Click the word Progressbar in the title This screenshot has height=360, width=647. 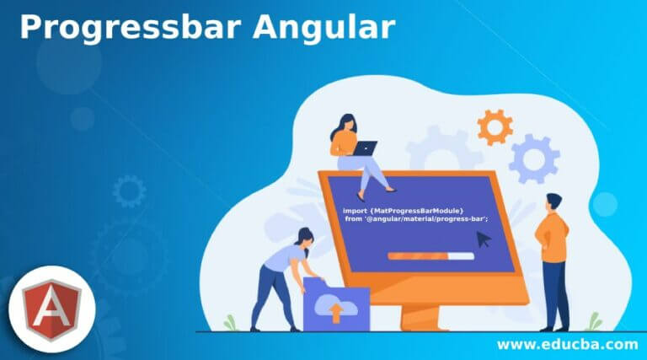pyautogui.click(x=131, y=28)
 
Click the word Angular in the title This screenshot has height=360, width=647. pyautogui.click(x=324, y=27)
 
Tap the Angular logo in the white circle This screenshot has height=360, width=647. pyautogui.click(x=52, y=309)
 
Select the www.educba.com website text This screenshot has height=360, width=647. pyautogui.click(x=567, y=344)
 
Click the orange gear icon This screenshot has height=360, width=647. pyautogui.click(x=495, y=127)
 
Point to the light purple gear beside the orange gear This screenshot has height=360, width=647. pyautogui.click(x=534, y=159)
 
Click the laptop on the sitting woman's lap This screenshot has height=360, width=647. pyautogui.click(x=364, y=148)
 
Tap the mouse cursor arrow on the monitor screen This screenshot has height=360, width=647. pyautogui.click(x=484, y=239)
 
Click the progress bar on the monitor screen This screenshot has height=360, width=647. pyautogui.click(x=430, y=256)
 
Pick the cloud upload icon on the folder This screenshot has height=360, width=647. pyautogui.click(x=336, y=309)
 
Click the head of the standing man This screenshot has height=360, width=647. pyautogui.click(x=553, y=202)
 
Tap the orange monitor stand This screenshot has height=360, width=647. pyautogui.click(x=423, y=317)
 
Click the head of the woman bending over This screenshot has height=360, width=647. pyautogui.click(x=306, y=238)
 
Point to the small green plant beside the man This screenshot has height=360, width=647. pyautogui.click(x=594, y=322)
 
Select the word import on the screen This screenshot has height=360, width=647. pyautogui.click(x=355, y=211)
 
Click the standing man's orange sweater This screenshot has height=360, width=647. pyautogui.click(x=553, y=238)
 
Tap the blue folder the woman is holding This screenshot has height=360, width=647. pyautogui.click(x=336, y=304)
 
